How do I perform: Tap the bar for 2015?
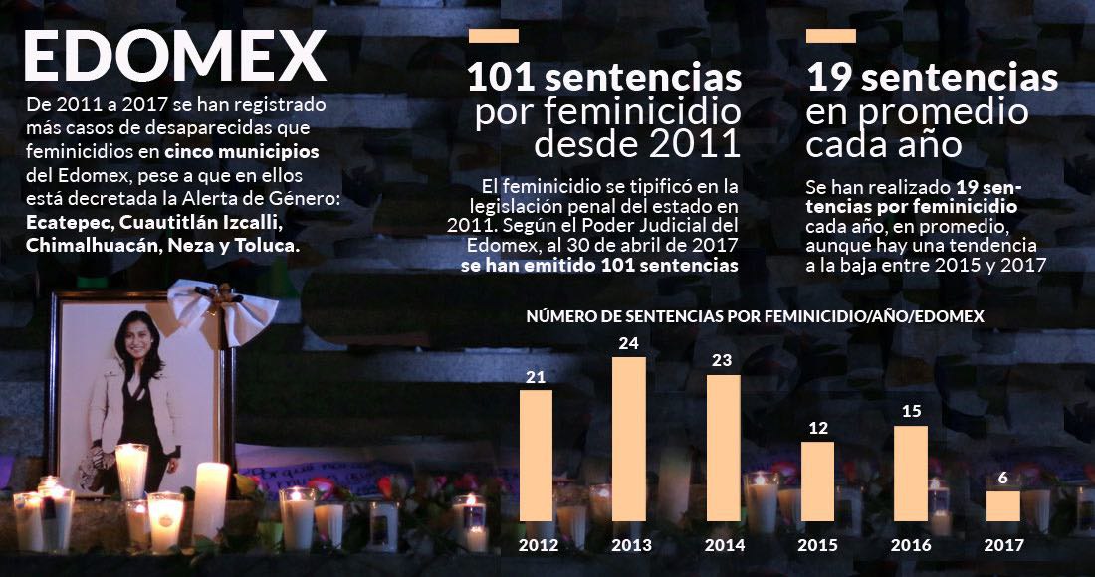pos(817,481)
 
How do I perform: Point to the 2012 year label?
pos(538,545)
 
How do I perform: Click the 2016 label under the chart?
pos(910,545)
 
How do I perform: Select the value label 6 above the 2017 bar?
pos(1002,478)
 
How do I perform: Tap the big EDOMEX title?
pos(175,57)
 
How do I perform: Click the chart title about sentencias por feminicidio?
pos(755,317)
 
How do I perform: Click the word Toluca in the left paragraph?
pos(265,245)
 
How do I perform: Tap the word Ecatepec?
pos(67,223)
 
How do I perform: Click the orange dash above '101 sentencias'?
pos(493,36)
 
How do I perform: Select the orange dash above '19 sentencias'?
pos(831,36)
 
